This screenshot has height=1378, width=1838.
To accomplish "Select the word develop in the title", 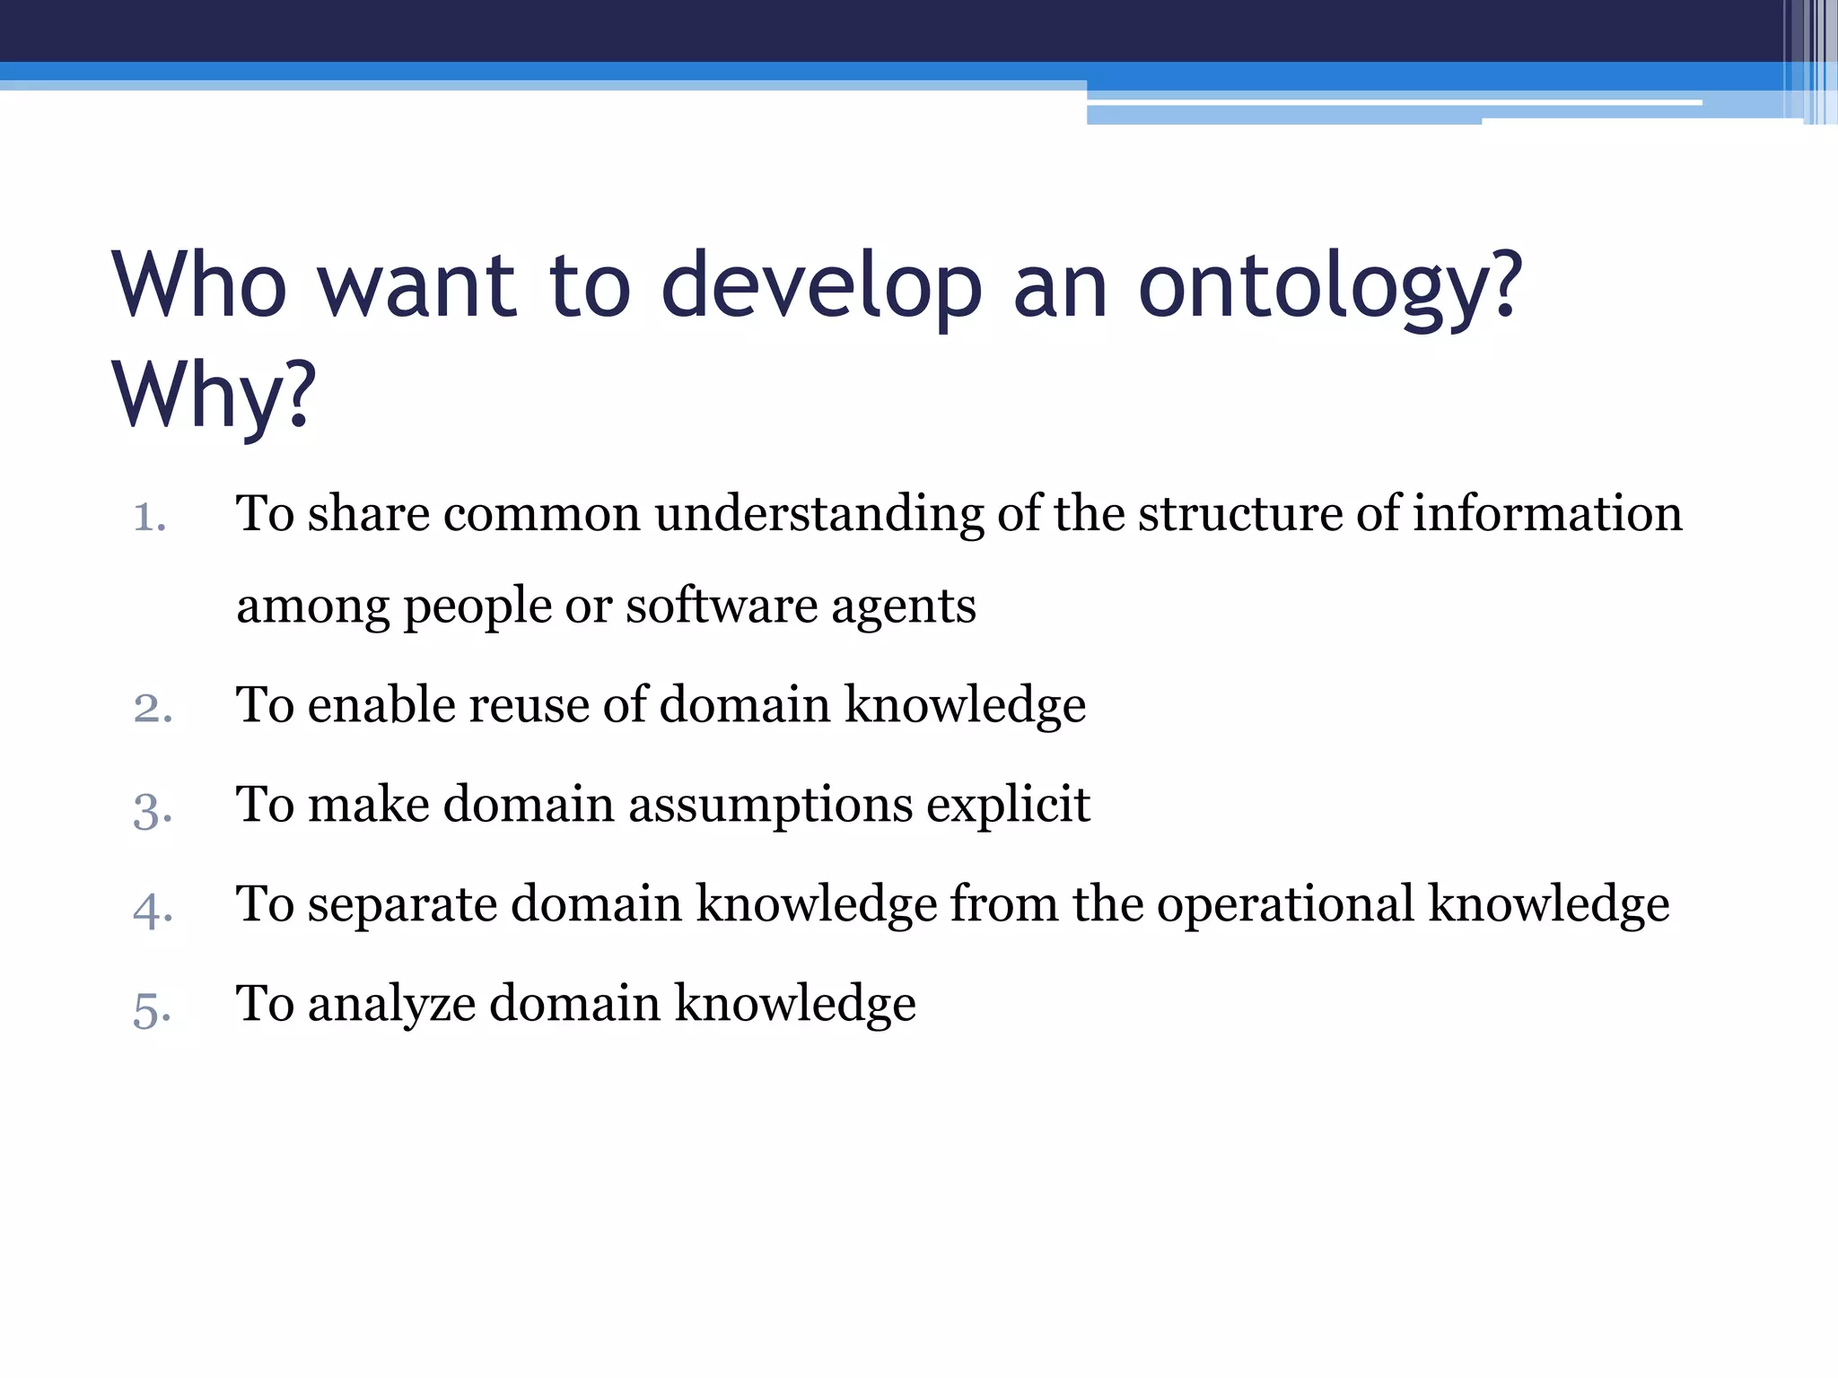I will click(x=821, y=287).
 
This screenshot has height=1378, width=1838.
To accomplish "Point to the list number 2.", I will click(x=153, y=708).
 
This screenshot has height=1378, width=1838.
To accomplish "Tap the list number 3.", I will click(x=153, y=808).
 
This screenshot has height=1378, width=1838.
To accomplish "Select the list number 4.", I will click(x=153, y=909).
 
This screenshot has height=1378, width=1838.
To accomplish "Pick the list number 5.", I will click(x=153, y=1009).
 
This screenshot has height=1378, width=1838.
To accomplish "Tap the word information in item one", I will click(x=1547, y=513).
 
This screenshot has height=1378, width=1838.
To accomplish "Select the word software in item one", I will click(x=722, y=606).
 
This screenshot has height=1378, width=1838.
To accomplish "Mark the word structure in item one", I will click(x=1239, y=514).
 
